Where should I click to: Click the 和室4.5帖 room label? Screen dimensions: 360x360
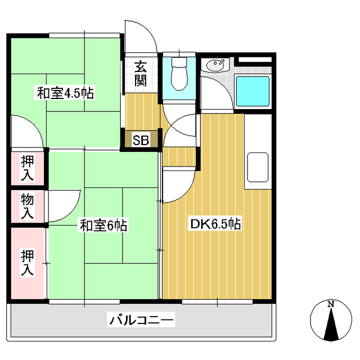(65, 93)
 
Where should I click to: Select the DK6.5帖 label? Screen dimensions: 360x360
(215, 224)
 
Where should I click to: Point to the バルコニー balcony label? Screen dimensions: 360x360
(142, 321)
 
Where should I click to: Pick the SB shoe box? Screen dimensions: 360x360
(141, 140)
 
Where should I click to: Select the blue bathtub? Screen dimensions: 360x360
(252, 92)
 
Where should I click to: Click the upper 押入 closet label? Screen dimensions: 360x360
(28, 168)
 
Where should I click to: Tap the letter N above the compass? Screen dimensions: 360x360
(331, 304)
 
